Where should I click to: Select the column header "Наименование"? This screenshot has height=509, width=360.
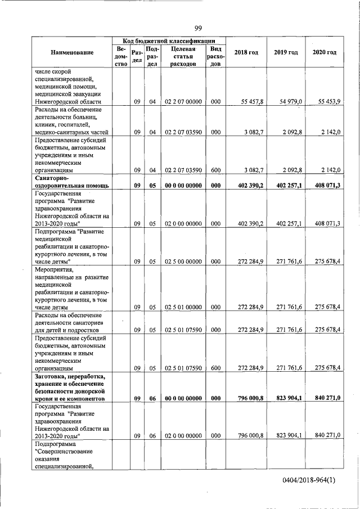click(72, 52)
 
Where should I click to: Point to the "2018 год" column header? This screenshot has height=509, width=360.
click(246, 52)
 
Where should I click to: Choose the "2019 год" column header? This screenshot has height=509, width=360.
click(286, 52)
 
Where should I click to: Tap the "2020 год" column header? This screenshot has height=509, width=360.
click(324, 52)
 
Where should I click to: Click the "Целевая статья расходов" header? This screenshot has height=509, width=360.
click(183, 56)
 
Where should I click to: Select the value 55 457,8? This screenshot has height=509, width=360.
click(251, 101)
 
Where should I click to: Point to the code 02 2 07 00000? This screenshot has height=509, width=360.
click(183, 101)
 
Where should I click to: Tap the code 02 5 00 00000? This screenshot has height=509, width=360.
click(183, 262)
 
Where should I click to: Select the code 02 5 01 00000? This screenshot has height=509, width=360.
click(183, 307)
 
